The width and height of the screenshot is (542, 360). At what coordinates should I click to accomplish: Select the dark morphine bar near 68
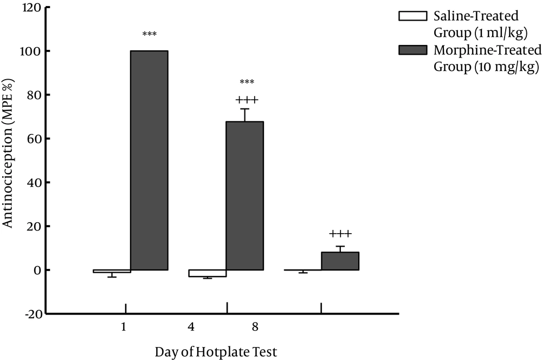click(244, 195)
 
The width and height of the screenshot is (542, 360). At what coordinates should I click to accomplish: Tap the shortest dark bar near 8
click(340, 261)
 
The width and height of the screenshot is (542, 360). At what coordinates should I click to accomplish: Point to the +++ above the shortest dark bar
click(340, 234)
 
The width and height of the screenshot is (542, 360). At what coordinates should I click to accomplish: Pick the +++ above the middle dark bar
click(247, 100)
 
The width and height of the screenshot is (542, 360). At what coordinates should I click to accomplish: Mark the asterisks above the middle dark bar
click(247, 82)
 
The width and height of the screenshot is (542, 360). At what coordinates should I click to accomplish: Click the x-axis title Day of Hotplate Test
click(216, 352)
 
